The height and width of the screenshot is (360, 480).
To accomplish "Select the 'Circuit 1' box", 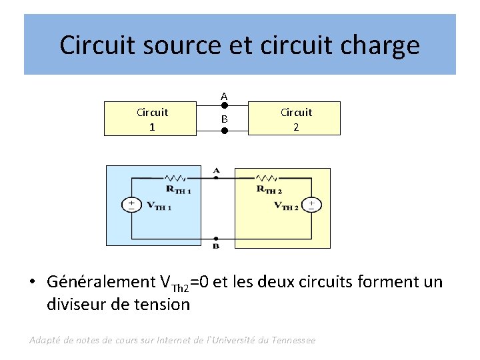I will click(151, 119).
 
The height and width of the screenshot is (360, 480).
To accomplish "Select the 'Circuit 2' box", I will click(295, 119).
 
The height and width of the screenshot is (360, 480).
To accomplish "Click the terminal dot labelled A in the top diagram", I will click(225, 105).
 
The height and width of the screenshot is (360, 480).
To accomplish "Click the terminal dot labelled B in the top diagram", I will click(225, 131).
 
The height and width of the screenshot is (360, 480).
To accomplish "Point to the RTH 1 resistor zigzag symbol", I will click(176, 179).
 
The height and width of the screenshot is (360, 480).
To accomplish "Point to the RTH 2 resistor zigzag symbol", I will click(267, 179).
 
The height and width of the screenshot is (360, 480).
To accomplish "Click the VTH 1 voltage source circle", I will click(131, 205).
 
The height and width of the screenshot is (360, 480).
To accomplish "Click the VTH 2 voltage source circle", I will click(311, 205).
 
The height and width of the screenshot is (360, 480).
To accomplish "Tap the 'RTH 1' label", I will click(178, 190).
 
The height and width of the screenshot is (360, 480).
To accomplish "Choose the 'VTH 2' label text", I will click(286, 206).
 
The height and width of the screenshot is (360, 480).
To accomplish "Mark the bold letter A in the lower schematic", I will click(216, 171).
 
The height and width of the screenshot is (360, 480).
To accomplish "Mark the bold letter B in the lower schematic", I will click(216, 246).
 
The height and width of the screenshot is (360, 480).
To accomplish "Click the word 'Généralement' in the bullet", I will click(100, 282).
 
